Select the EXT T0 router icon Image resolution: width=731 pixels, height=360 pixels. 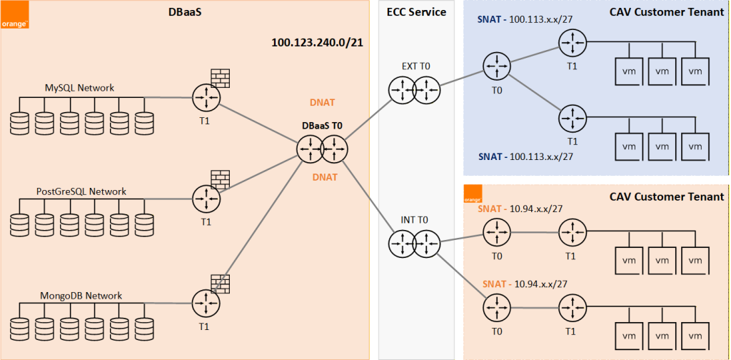coord(413,91)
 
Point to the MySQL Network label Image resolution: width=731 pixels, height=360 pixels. coord(79,88)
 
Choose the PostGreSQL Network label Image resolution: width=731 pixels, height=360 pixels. coord(81,191)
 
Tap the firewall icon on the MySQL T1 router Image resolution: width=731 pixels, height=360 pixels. coord(221,78)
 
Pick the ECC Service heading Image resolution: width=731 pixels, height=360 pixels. coord(417,11)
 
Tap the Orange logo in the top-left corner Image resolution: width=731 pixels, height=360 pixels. coord(14,14)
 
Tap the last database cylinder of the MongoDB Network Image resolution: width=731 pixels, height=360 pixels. coord(144,329)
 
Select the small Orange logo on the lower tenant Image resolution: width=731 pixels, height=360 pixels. coord(473,194)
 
